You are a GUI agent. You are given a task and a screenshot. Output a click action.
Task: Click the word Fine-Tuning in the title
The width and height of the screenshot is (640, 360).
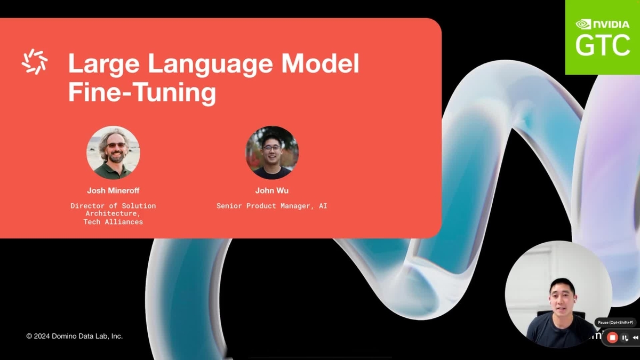point(142,92)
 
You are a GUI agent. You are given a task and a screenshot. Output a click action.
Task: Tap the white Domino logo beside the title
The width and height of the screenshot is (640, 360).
point(35,61)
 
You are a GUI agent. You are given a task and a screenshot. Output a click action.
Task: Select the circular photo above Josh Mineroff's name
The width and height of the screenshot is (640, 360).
point(113,153)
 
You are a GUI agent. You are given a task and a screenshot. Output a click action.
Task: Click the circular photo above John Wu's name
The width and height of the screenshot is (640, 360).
point(272,153)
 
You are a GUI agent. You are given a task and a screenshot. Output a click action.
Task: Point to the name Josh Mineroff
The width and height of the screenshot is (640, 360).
point(113,190)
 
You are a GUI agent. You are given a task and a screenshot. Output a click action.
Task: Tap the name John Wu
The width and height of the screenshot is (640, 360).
point(272,190)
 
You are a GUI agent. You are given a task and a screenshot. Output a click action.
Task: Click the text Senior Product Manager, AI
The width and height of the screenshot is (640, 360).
point(272,205)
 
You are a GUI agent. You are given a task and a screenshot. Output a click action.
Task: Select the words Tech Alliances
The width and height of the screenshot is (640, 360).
point(113,222)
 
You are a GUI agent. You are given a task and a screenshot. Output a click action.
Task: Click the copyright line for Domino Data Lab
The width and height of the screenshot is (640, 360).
point(75,336)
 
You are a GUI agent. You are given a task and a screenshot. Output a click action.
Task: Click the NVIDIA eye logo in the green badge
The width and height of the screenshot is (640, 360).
point(583,24)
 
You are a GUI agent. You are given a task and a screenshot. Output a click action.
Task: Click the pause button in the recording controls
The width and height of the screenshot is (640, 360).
point(625,338)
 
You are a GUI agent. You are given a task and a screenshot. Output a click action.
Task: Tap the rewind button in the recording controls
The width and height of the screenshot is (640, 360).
point(635,338)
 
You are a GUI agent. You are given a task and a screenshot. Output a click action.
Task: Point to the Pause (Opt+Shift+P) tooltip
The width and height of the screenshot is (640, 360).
point(615,323)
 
